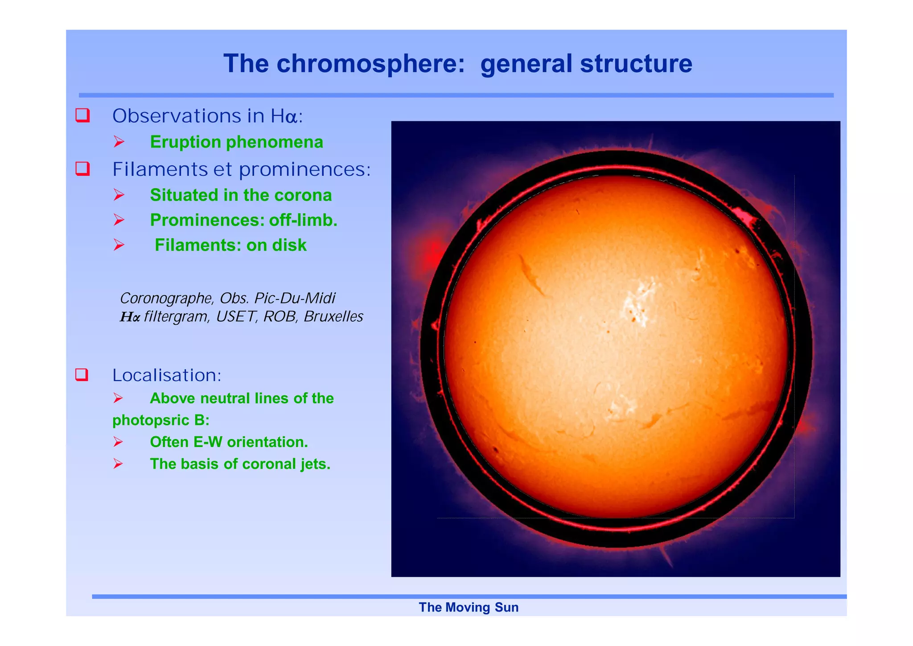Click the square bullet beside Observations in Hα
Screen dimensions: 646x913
[82, 116]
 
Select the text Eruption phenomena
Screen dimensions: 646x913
[236, 142]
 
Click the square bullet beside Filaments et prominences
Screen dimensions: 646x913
[82, 169]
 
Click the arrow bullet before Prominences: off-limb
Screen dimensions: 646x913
[119, 220]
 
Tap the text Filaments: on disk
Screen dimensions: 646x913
[230, 245]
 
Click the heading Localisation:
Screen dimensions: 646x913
[167, 375]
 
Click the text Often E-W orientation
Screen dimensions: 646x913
[229, 442]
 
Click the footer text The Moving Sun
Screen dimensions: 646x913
[468, 608]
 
